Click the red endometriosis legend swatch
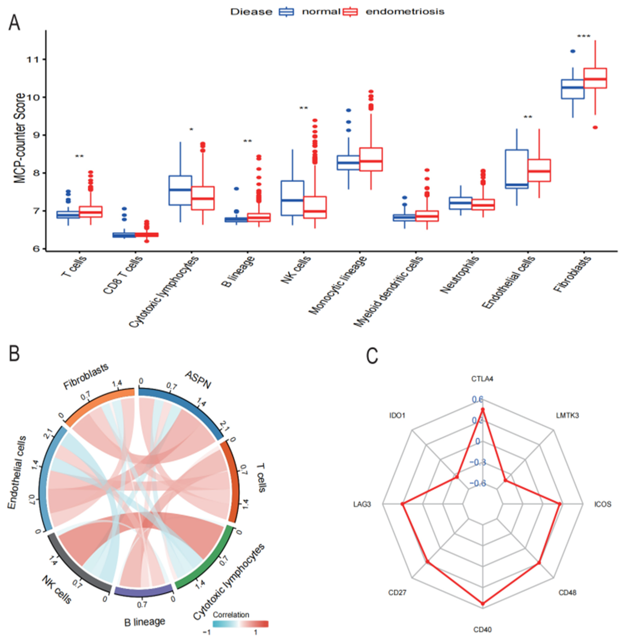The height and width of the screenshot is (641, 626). [x=350, y=12]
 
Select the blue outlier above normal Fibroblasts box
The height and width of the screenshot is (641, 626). [x=573, y=51]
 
